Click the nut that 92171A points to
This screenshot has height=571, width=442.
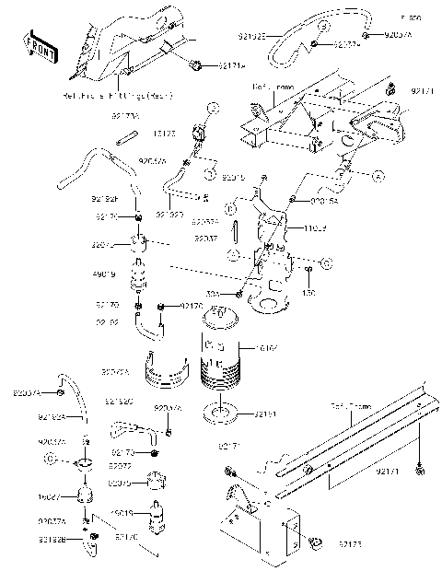198,65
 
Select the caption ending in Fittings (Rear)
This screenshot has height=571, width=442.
129,95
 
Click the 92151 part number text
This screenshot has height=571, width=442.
267,415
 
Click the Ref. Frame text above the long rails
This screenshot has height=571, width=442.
351,406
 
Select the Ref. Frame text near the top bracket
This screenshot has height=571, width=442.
272,87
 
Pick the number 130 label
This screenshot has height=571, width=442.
309,293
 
